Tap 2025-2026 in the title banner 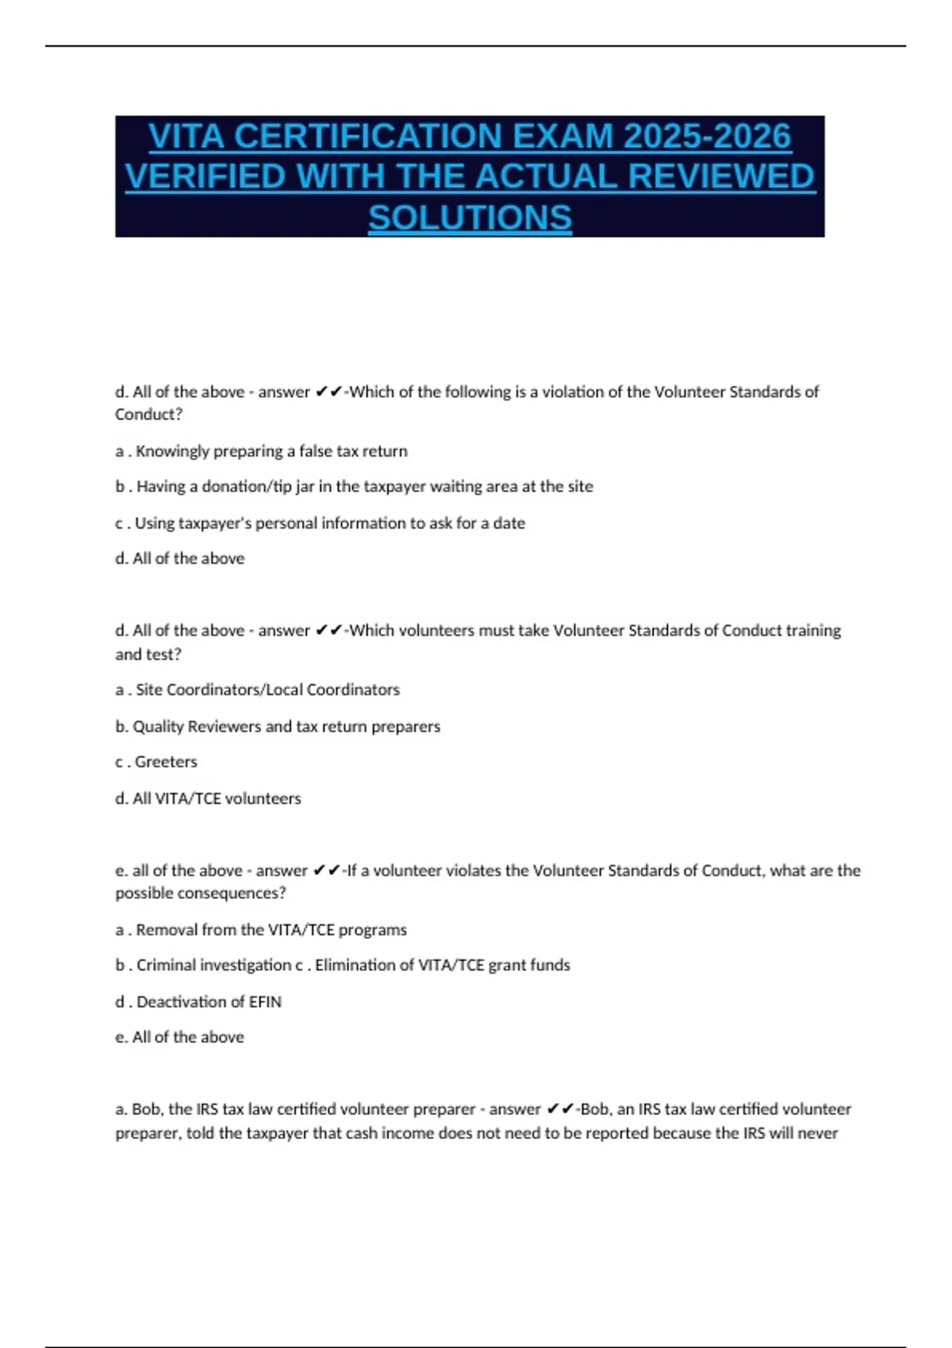707,136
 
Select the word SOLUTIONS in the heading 470,217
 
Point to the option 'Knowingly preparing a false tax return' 271,451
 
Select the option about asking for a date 329,523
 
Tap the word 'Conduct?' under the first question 148,415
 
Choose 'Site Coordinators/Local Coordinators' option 267,690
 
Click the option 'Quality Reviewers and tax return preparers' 286,726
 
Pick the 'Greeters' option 166,762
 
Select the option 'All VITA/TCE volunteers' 217,798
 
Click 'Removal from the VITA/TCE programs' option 271,929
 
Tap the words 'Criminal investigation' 213,965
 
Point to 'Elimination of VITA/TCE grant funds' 442,965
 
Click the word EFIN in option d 265,1001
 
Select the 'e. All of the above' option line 179,1037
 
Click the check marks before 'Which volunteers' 328,630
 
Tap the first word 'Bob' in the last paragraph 147,1109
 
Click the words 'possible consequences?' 200,893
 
